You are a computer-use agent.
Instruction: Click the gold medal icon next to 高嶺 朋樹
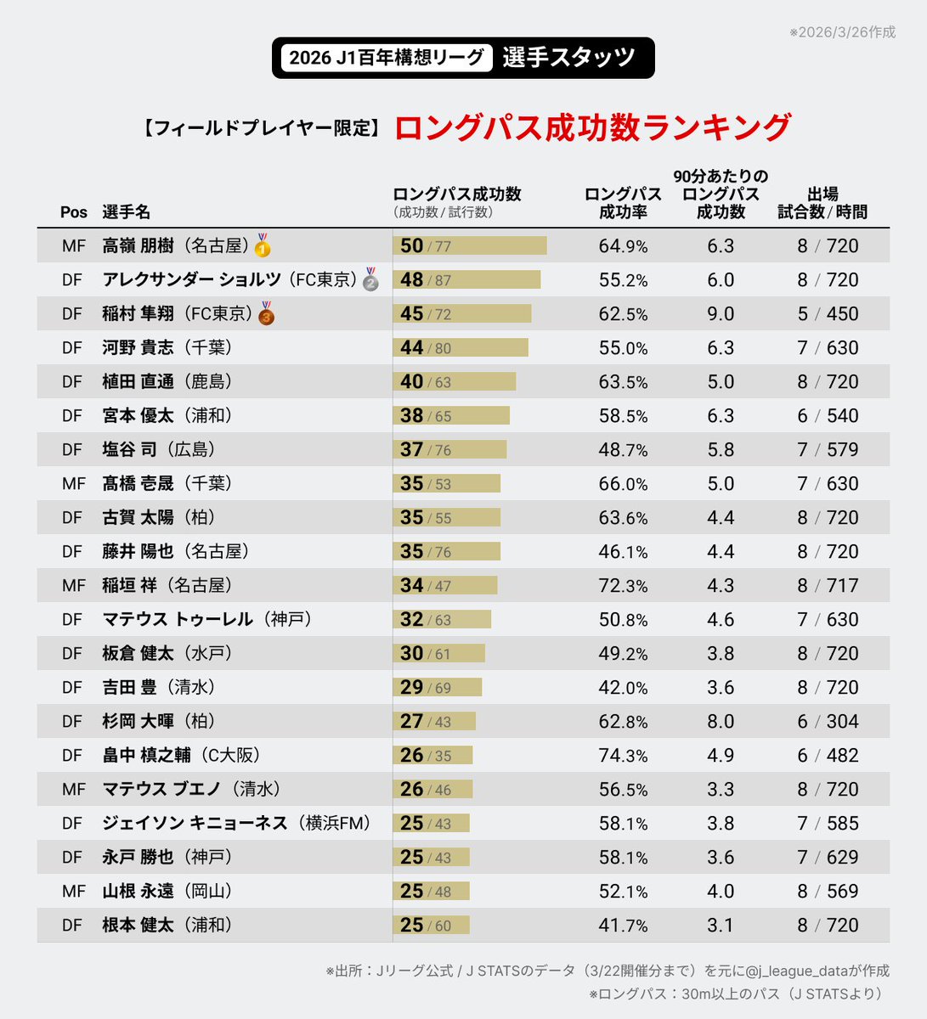[x=263, y=245]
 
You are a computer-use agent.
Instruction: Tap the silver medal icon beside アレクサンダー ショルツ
[x=370, y=279]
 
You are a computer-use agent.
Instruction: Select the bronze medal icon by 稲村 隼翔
[x=266, y=313]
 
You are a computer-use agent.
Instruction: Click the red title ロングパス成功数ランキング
[x=592, y=127]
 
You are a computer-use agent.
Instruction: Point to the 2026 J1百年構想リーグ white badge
[x=387, y=58]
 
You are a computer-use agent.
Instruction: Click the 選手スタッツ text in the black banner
[x=568, y=58]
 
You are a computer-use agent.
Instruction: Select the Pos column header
[x=74, y=212]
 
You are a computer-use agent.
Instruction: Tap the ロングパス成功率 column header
[x=623, y=203]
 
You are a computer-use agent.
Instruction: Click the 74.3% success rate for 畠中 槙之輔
[x=623, y=755]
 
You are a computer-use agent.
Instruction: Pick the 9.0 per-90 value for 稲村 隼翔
[x=721, y=313]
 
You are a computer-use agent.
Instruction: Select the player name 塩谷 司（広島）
[x=159, y=449]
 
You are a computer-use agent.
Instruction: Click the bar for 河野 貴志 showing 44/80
[x=460, y=347]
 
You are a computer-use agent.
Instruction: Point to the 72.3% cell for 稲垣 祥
[x=623, y=585]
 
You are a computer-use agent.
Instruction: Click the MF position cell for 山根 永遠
[x=74, y=891]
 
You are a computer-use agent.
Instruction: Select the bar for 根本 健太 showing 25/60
[x=431, y=925]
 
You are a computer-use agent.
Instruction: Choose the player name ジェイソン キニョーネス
[x=195, y=823]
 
